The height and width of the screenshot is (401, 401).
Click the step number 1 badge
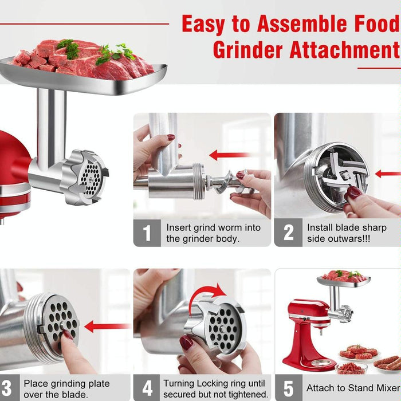pyautogui.click(x=147, y=233)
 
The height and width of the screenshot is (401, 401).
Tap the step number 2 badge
pyautogui.click(x=288, y=233)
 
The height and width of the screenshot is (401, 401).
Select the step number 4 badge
pyautogui.click(x=147, y=388)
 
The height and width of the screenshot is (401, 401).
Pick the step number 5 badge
pyautogui.click(x=288, y=388)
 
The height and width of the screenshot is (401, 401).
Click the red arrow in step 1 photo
pyautogui.click(x=229, y=155)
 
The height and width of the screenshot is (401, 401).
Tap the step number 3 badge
pyautogui.click(x=7, y=388)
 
